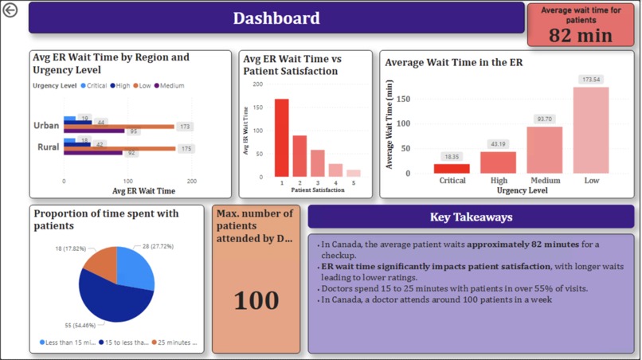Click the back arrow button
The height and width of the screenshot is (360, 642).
[x=10, y=10]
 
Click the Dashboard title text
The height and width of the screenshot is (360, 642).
[x=276, y=18]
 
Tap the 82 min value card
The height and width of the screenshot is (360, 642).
[x=580, y=35]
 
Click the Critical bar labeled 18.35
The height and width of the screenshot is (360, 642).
[x=452, y=168]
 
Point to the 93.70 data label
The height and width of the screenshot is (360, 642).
[x=544, y=119]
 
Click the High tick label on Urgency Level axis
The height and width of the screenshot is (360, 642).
[x=499, y=181]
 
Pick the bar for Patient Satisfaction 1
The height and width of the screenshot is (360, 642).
[x=281, y=137]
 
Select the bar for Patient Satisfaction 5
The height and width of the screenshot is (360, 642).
[x=353, y=173]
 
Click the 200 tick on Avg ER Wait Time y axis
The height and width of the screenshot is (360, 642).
[x=257, y=84]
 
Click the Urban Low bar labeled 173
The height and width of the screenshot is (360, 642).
[x=119, y=127]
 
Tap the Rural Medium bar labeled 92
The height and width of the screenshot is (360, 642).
[x=93, y=153]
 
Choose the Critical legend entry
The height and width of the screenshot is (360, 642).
[x=93, y=86]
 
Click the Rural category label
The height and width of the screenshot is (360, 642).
[x=48, y=147]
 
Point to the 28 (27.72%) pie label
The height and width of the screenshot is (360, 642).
[x=158, y=247]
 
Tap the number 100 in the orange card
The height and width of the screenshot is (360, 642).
[x=256, y=300]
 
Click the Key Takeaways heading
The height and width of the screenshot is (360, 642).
[x=471, y=217]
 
